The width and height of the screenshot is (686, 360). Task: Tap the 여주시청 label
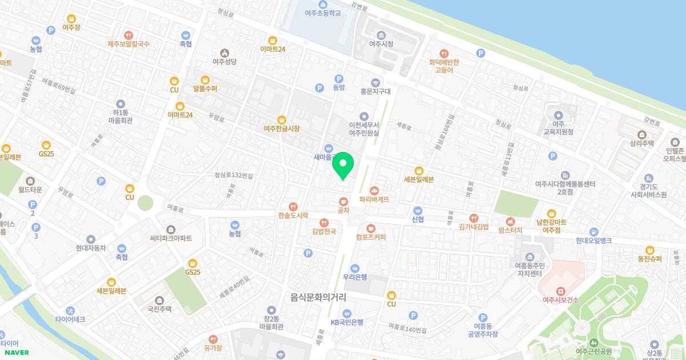tap(381, 43)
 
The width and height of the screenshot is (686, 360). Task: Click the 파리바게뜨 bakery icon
tap(374, 190)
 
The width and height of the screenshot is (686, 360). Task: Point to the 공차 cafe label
tap(343, 210)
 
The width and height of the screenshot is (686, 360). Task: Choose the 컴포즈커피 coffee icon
tap(370, 228)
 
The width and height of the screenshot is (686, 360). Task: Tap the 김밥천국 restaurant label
tap(324, 231)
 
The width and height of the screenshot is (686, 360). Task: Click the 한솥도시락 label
tap(293, 215)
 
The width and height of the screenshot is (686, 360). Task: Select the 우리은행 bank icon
tap(355, 268)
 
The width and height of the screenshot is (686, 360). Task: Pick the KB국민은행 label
tap(347, 322)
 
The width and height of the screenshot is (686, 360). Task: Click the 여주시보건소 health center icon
tap(561, 291)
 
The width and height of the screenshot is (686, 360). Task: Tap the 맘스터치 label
tap(510, 230)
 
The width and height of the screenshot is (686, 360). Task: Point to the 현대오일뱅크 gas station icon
tap(594, 231)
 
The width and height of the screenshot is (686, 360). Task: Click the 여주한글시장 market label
tap(281, 129)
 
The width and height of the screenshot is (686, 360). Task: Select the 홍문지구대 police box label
tap(375, 91)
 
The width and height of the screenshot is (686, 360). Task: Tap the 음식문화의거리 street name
tap(318, 297)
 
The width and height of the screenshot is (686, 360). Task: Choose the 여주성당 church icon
tap(224, 61)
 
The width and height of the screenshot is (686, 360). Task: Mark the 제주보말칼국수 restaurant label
tap(129, 43)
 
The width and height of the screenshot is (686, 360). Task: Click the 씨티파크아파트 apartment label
tap(171, 238)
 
